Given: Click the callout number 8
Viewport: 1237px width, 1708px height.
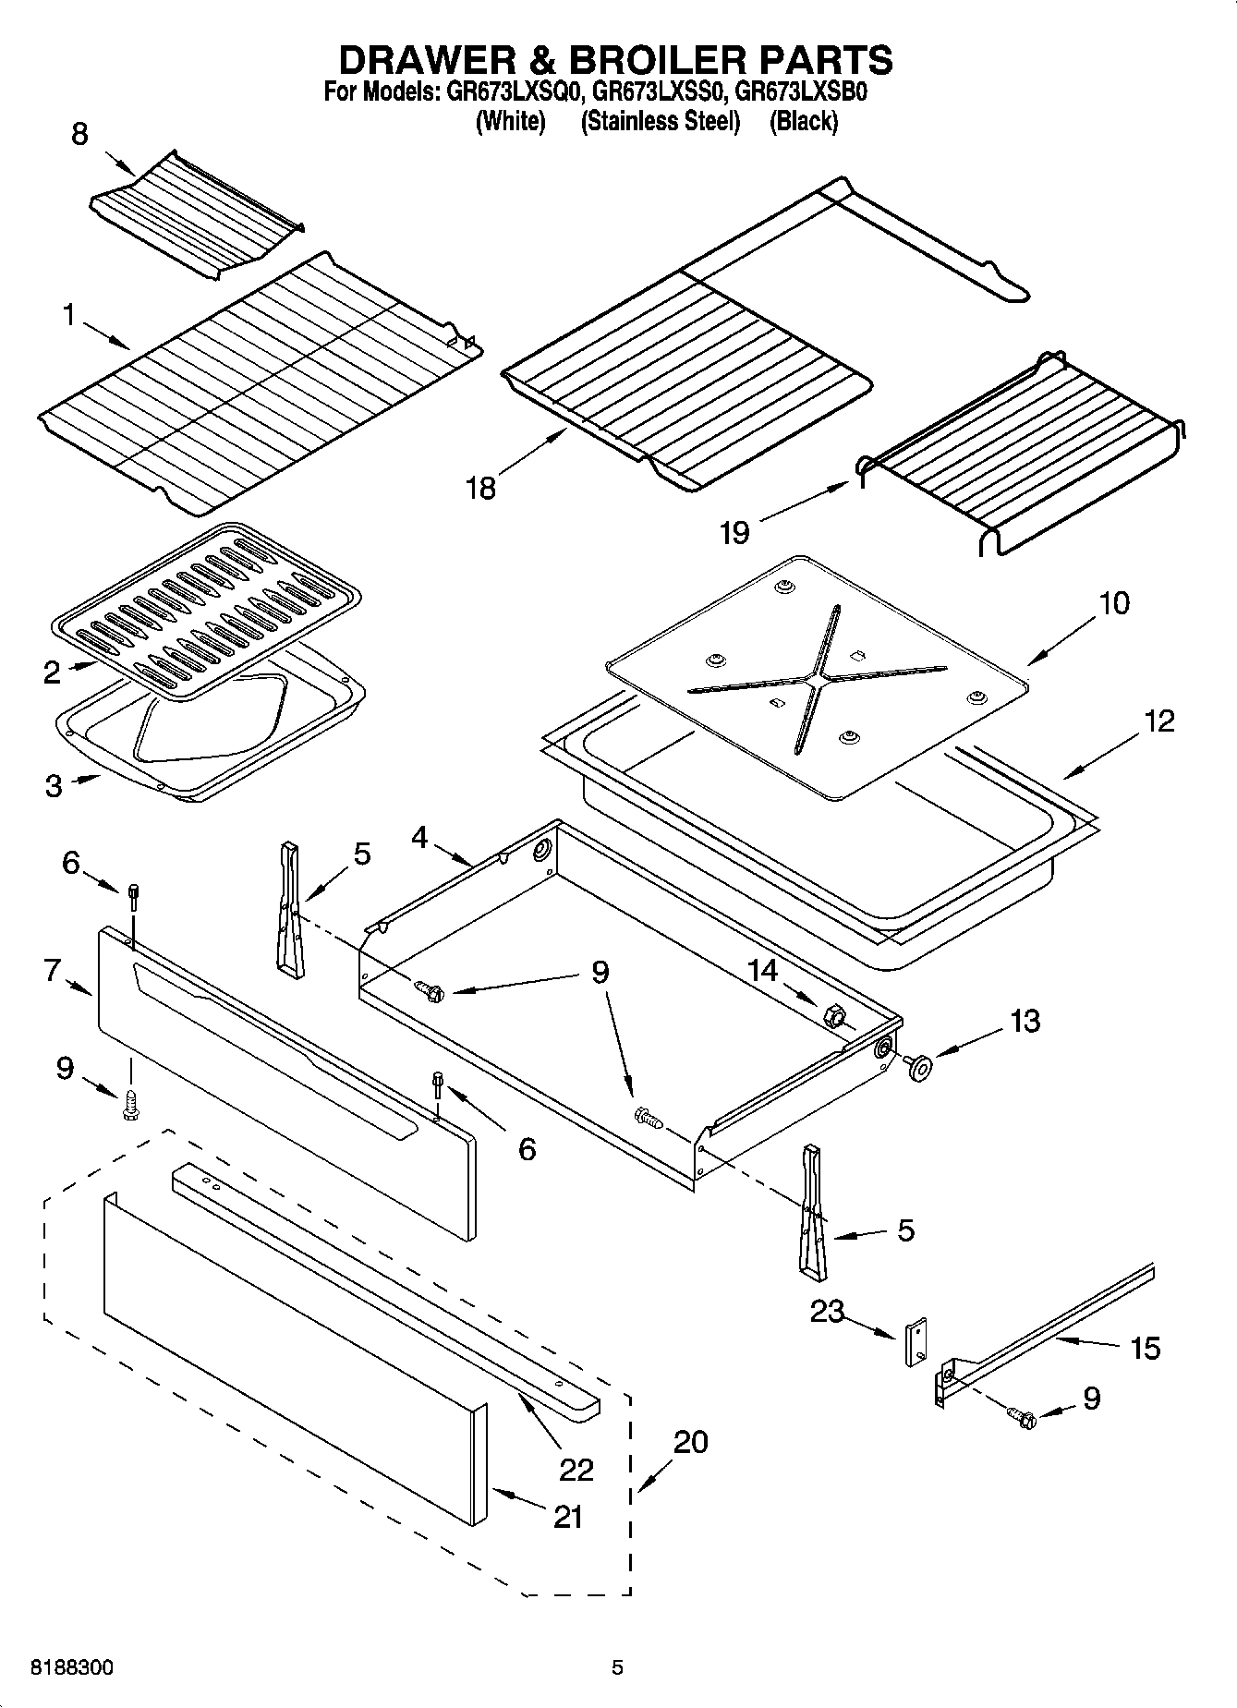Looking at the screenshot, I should pos(79,134).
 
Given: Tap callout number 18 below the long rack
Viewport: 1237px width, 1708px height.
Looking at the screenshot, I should pos(480,488).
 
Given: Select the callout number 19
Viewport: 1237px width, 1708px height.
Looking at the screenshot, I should pos(734,533).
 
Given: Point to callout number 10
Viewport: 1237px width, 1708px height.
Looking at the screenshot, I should pos(1113,603).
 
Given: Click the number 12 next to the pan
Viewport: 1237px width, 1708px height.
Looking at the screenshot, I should pos(1159,721).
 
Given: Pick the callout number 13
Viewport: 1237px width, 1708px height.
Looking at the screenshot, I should pos(1025,1021).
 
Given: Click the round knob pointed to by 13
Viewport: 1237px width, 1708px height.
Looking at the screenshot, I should pos(919,1066).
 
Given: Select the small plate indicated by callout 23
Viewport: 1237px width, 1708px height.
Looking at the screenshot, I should pos(916,1340).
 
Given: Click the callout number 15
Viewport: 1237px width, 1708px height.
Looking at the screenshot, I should pos(1145,1348).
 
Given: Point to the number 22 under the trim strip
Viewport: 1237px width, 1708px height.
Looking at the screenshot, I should pos(576,1469).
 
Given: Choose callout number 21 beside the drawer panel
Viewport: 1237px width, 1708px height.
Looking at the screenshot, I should pos(567,1517).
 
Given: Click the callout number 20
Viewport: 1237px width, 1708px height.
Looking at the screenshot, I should pos(691,1441).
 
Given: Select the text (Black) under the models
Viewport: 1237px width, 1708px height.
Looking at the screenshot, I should pos(803,121).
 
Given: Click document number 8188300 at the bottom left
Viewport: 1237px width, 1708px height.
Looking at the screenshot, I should pos(72,1667).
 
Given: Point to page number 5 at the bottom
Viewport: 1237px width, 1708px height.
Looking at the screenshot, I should pos(617,1667).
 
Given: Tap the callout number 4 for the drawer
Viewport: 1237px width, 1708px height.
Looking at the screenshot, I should pos(419,838).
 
